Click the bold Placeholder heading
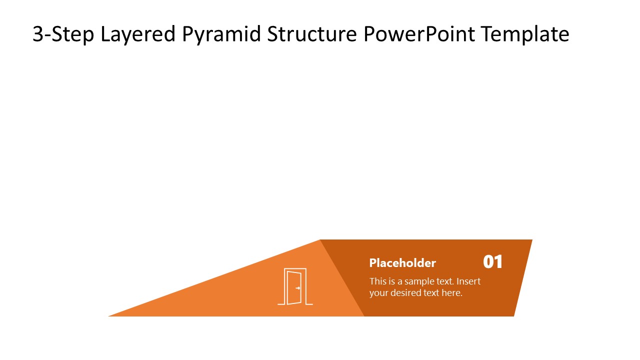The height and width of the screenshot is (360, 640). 402,263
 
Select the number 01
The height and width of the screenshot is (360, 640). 492,262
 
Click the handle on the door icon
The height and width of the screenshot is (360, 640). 298,288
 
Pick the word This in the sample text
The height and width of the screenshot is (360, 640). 378,281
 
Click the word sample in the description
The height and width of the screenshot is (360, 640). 419,281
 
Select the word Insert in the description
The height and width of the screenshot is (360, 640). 468,281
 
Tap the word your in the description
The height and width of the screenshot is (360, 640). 378,293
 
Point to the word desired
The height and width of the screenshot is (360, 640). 406,293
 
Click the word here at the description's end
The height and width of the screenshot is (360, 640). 452,293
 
